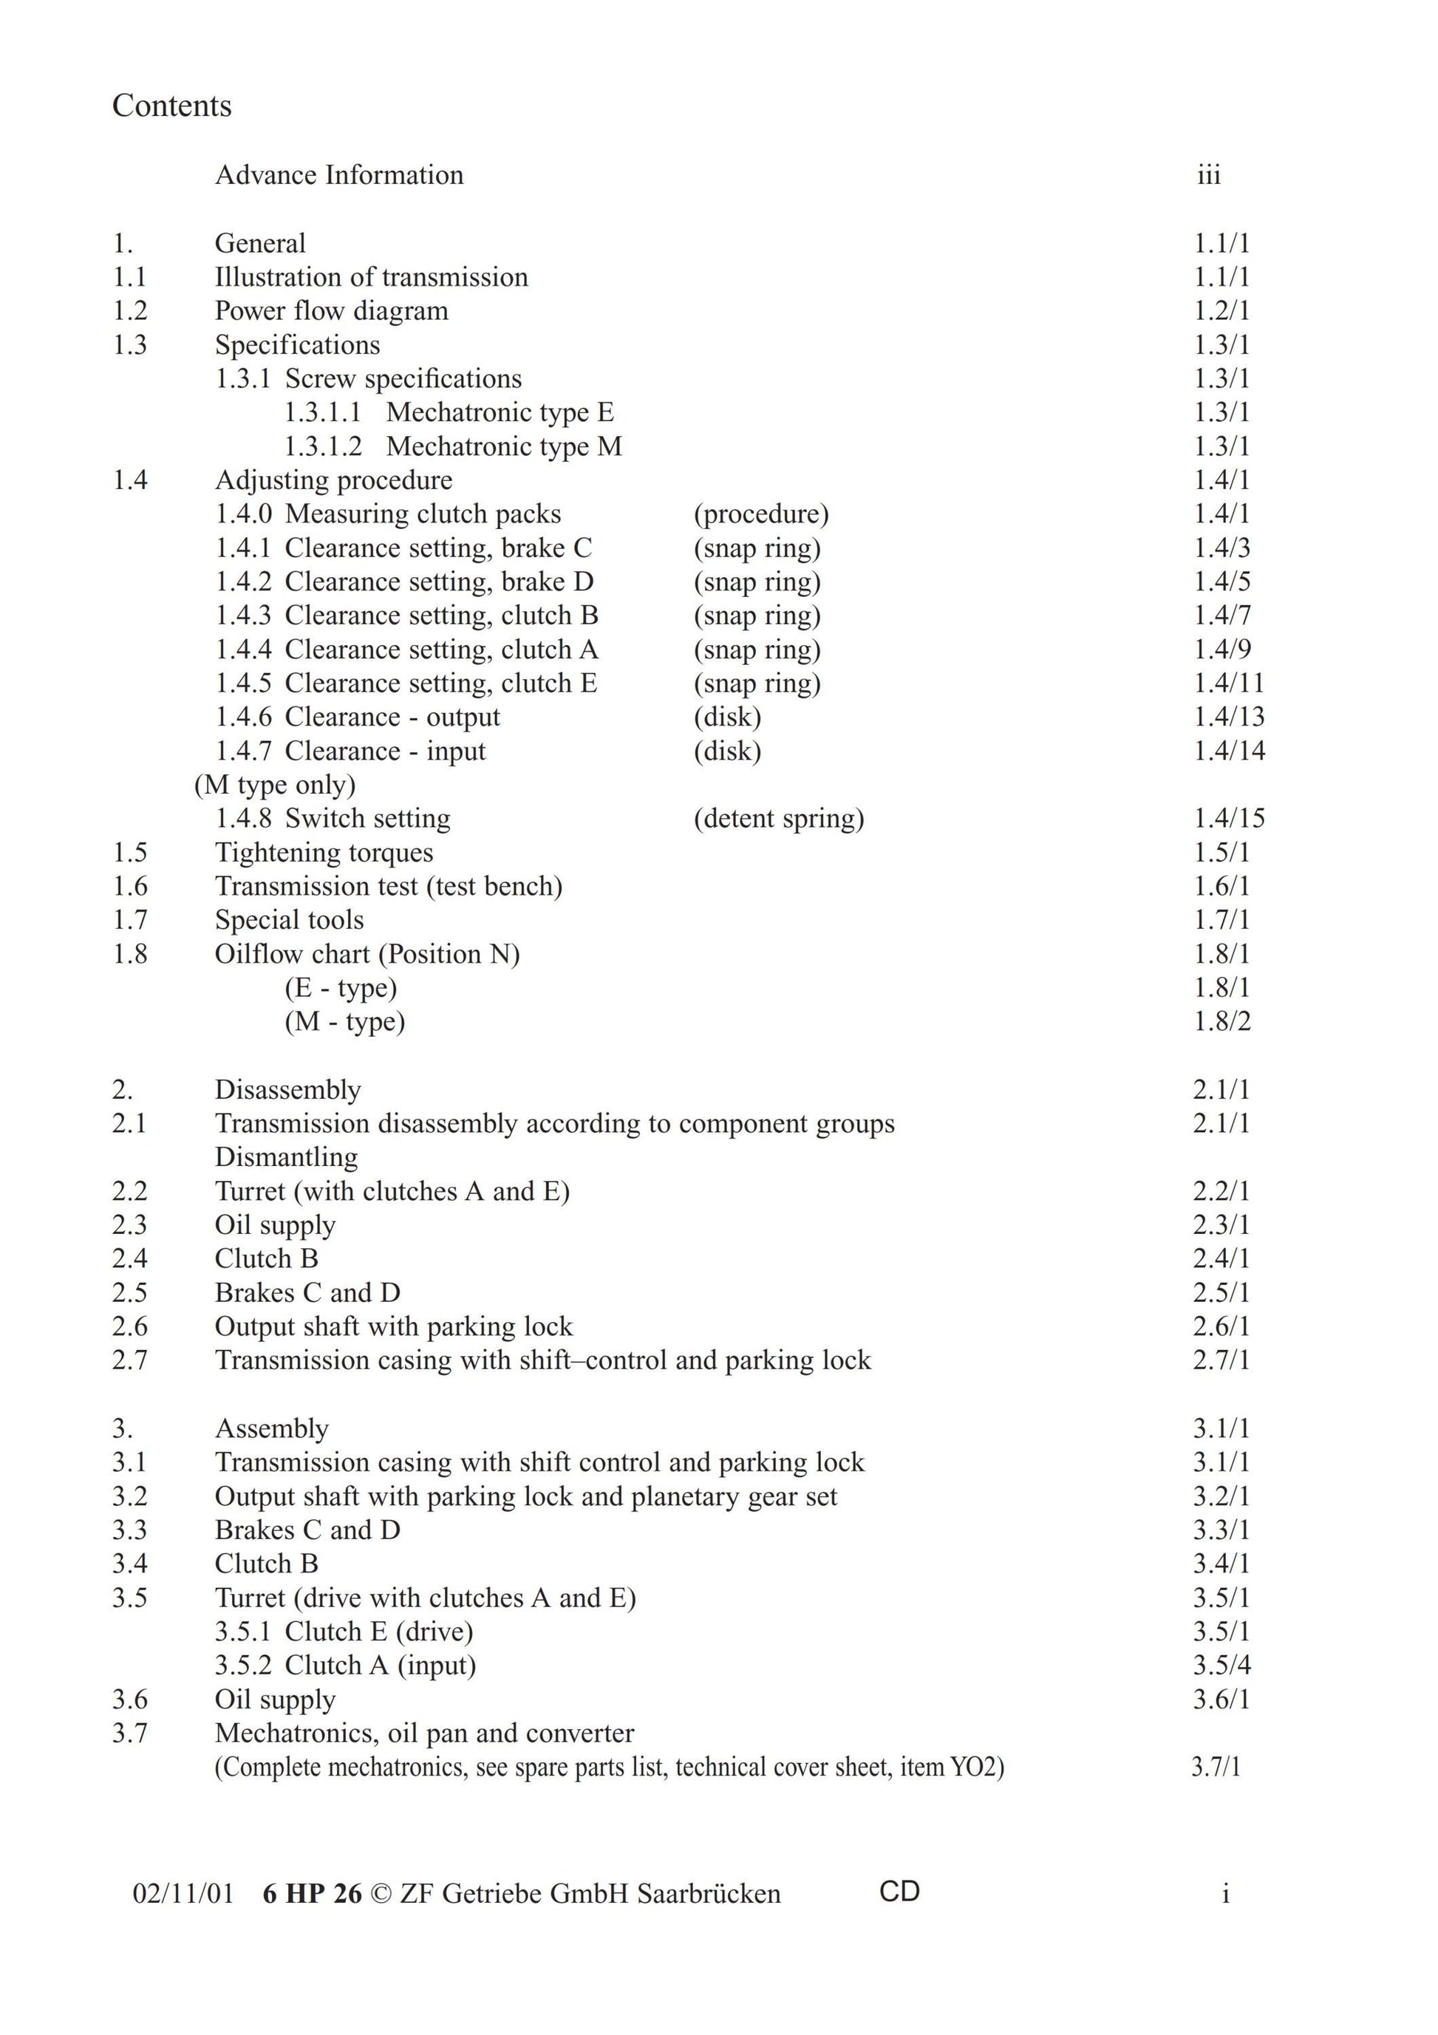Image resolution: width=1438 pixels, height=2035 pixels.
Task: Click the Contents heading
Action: coord(172,106)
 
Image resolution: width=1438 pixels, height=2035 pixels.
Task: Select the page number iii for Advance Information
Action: coord(1208,174)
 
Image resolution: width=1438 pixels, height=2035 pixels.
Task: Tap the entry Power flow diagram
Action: coord(332,311)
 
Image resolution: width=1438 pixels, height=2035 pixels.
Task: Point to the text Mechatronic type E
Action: coord(500,412)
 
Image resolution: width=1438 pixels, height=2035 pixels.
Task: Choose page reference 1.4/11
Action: coord(1229,683)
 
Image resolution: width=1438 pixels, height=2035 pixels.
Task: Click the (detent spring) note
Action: coord(778,818)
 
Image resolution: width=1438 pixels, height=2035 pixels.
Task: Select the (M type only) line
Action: coord(275,785)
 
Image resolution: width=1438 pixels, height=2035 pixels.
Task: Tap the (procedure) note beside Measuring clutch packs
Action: coord(760,514)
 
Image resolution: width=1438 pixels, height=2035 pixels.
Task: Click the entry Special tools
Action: coord(289,920)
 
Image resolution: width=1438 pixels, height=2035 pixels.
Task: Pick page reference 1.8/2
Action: coord(1221,1021)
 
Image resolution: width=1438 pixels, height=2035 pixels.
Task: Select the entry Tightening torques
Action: coord(324,853)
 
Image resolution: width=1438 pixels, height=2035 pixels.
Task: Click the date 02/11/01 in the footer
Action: coord(183,1894)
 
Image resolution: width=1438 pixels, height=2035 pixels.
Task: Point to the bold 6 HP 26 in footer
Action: coord(312,1894)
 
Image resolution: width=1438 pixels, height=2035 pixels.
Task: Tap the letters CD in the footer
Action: coord(899,1892)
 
